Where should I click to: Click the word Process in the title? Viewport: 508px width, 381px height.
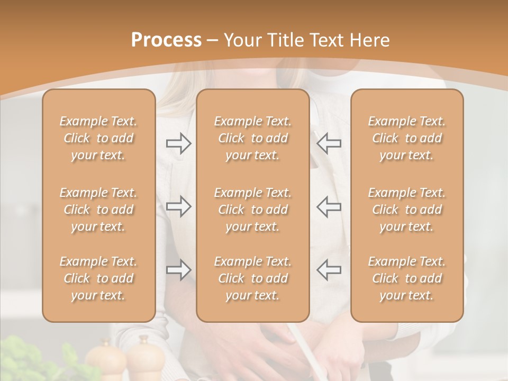point(166,40)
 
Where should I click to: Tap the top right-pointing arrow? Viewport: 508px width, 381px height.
point(178,143)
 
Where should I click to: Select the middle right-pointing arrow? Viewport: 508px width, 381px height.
point(178,206)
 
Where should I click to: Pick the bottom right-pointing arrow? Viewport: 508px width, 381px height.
point(178,270)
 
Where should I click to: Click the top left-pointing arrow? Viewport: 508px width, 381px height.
point(329,143)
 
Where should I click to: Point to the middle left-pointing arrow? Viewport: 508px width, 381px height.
point(329,206)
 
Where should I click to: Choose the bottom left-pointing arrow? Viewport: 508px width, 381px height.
point(329,270)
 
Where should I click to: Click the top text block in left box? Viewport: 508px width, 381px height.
point(98,138)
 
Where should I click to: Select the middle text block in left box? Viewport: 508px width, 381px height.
point(98,210)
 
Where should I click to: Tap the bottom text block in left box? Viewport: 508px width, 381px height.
point(98,278)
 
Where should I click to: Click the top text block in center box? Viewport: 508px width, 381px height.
point(253,138)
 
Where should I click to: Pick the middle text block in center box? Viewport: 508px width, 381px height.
point(253,210)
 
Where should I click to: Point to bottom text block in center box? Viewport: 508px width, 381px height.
point(253,278)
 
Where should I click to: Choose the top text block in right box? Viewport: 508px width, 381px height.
point(407,138)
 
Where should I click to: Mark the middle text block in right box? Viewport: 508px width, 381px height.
point(407,210)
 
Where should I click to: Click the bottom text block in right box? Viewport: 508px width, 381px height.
point(407,278)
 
